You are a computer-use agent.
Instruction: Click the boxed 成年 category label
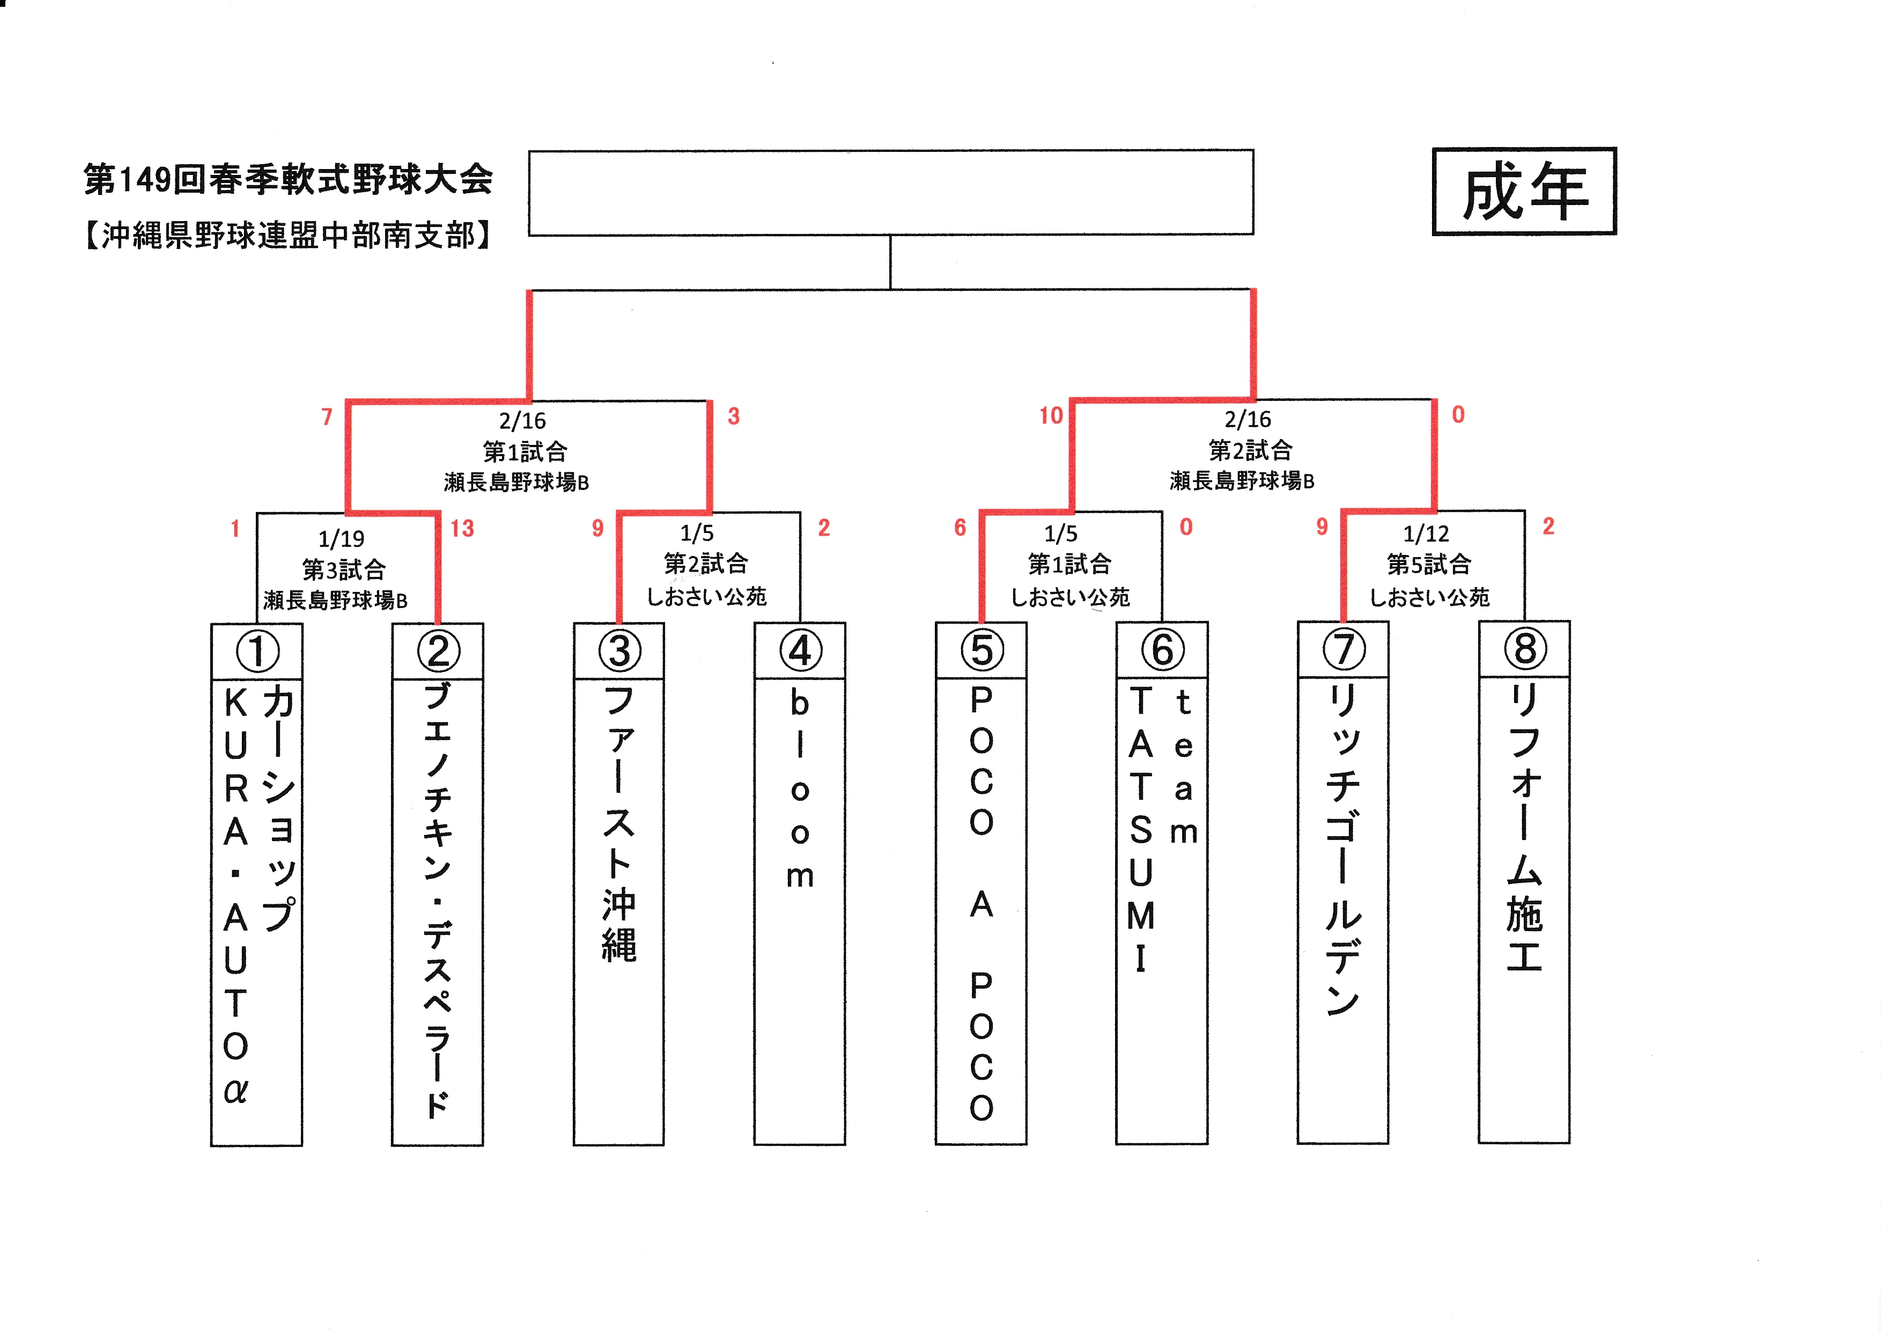(x=1524, y=191)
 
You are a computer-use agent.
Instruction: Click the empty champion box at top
(x=890, y=193)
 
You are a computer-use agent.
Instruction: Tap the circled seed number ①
(x=257, y=652)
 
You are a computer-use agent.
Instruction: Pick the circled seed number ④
(x=800, y=651)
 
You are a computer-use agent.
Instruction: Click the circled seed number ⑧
(x=1525, y=648)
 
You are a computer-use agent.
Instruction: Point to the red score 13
(x=462, y=529)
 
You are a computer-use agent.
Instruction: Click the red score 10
(x=1051, y=415)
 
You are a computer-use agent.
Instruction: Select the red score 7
(x=327, y=417)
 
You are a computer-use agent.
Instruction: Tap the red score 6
(x=960, y=528)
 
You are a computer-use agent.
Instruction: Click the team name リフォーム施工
(x=1525, y=827)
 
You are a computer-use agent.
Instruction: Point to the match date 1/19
(x=342, y=539)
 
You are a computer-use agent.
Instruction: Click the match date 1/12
(x=1426, y=535)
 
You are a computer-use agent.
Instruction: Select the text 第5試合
(x=1429, y=565)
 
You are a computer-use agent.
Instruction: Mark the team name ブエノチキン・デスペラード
(x=438, y=900)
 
